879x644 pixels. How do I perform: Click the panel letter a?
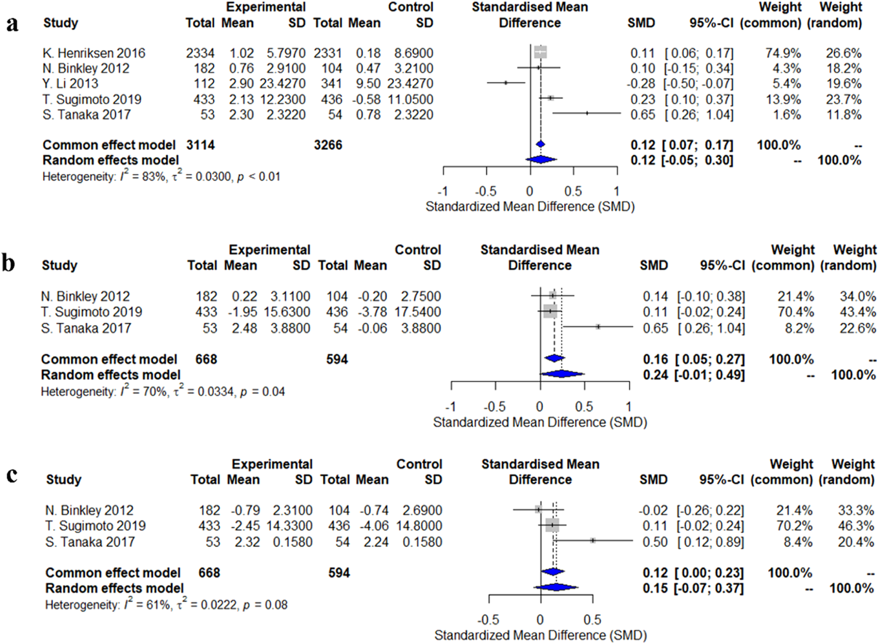(x=12, y=24)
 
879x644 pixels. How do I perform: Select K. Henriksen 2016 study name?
(x=94, y=53)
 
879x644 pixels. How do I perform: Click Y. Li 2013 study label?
(x=70, y=84)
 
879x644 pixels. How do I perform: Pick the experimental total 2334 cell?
(x=200, y=53)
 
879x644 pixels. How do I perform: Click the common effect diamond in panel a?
(x=541, y=144)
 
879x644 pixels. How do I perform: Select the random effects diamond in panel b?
(x=562, y=374)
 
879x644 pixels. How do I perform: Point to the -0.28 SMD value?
(x=641, y=84)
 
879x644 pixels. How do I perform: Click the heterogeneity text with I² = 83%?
(x=161, y=177)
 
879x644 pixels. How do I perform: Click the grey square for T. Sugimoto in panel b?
(x=550, y=312)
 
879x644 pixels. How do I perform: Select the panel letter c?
(x=12, y=475)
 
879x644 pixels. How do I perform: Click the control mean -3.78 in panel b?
(x=372, y=312)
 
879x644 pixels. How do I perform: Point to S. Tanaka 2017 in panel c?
(x=90, y=542)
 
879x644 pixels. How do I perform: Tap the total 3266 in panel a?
(x=328, y=145)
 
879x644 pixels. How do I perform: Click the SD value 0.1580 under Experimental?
(x=293, y=542)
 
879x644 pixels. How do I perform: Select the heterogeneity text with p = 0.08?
(x=166, y=605)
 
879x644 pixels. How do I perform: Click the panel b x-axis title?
(x=540, y=422)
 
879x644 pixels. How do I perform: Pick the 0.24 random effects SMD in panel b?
(x=654, y=375)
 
